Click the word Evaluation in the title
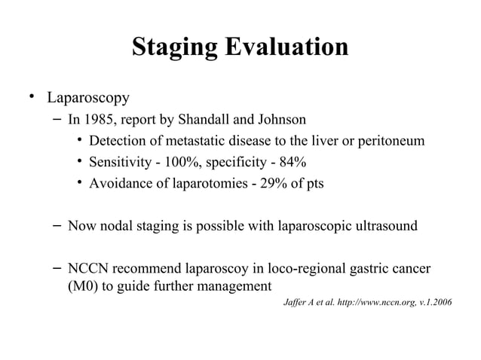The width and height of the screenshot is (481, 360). click(x=286, y=47)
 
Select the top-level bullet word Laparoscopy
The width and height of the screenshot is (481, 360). click(x=88, y=98)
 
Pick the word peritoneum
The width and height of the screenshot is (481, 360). click(x=389, y=141)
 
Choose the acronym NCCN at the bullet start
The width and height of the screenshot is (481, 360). click(x=87, y=268)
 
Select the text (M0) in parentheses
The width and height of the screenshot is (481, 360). click(x=81, y=285)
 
